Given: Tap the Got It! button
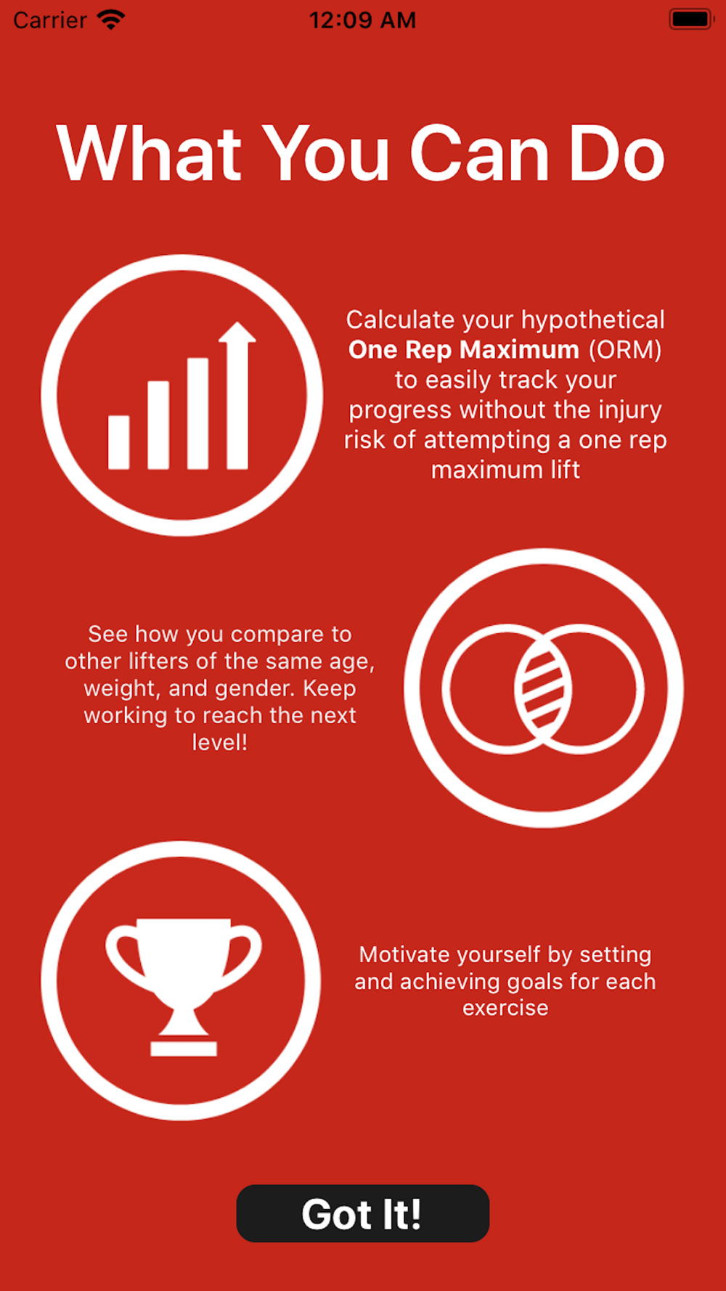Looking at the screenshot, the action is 363,1213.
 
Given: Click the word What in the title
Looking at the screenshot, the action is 150,153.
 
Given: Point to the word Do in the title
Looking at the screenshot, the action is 616,153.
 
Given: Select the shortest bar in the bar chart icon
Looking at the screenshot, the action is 119,441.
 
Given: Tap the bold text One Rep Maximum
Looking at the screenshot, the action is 463,350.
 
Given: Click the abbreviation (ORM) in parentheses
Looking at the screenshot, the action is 625,350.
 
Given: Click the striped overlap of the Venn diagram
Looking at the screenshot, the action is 543,688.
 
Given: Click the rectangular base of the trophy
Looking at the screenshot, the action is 184,1048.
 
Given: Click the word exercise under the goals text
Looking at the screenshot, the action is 505,1008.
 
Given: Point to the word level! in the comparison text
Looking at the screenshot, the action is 219,742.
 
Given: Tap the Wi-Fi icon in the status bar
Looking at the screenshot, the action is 111,20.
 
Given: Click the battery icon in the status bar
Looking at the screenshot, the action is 691,20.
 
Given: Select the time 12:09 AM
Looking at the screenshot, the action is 362,20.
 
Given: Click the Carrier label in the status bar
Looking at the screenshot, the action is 50,20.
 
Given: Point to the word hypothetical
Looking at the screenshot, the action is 592,320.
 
